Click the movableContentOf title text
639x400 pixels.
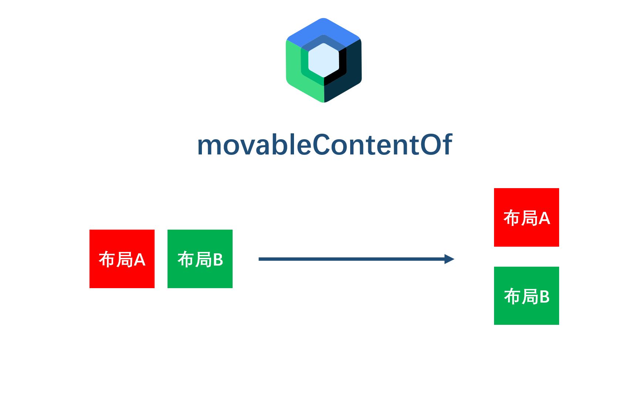pos(324,145)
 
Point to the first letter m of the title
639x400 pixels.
pos(209,147)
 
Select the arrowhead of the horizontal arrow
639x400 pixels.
pos(449,259)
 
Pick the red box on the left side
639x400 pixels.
pos(122,241)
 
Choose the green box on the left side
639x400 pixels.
pos(200,241)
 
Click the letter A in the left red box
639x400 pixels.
pos(139,260)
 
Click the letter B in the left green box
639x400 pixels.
pos(218,260)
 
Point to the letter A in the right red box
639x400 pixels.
pos(544,218)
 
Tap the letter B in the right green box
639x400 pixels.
pos(544,297)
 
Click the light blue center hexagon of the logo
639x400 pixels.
pos(324,60)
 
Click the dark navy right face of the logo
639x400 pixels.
pos(353,74)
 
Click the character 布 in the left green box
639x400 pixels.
pos(186,259)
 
